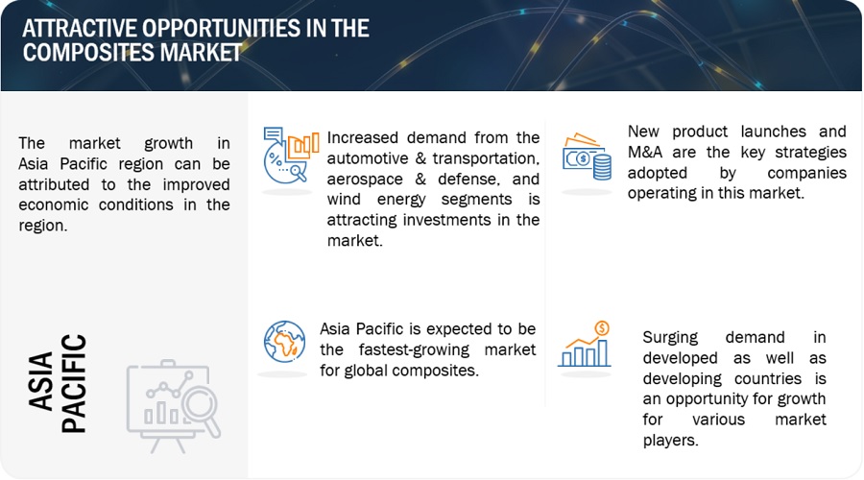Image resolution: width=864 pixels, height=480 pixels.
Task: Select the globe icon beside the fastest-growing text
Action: click(x=284, y=342)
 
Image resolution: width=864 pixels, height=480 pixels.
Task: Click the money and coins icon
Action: click(x=587, y=156)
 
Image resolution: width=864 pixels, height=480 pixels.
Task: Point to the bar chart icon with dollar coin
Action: click(x=585, y=345)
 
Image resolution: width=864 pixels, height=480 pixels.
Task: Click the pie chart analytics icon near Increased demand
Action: click(x=291, y=156)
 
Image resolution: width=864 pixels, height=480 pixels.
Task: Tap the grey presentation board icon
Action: click(x=174, y=406)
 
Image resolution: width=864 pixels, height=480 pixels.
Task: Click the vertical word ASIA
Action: click(x=40, y=381)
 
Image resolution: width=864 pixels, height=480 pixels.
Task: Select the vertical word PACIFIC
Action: click(x=74, y=384)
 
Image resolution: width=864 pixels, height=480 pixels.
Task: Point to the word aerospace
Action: click(x=365, y=180)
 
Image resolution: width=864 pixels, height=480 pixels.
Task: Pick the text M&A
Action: click(x=645, y=152)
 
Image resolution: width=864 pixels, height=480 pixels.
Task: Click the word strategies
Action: click(x=810, y=153)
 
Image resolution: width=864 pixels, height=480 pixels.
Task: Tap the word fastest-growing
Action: click(x=414, y=350)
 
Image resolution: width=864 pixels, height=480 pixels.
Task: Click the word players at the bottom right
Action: click(x=670, y=441)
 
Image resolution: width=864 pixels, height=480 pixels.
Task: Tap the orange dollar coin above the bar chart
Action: click(x=602, y=329)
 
